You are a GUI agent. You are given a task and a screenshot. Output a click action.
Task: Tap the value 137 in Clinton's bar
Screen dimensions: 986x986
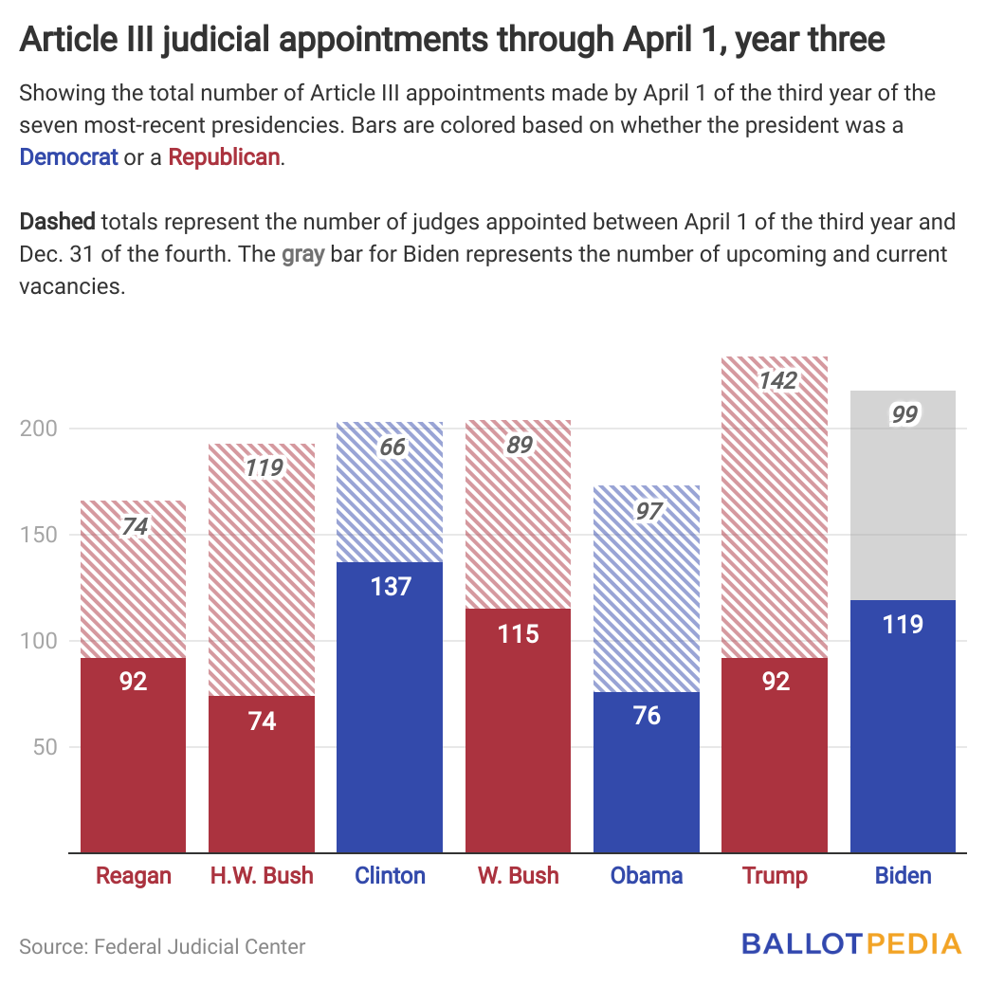click(x=391, y=586)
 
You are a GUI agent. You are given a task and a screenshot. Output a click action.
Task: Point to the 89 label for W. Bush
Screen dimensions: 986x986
click(x=519, y=446)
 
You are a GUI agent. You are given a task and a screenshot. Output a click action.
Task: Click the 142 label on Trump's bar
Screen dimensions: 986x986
click(x=776, y=381)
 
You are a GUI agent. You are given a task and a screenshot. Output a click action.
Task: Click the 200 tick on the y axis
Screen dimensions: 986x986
click(x=40, y=429)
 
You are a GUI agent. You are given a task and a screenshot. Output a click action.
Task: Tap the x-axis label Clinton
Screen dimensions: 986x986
click(x=391, y=875)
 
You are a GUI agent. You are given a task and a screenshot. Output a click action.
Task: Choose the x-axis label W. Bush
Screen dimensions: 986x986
click(x=519, y=875)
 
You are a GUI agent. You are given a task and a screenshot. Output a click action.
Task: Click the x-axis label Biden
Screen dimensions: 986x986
click(x=904, y=875)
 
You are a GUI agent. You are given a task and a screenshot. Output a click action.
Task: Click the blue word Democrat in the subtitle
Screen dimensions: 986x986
click(x=68, y=157)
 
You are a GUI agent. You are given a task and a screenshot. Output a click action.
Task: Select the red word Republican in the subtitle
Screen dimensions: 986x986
click(x=225, y=157)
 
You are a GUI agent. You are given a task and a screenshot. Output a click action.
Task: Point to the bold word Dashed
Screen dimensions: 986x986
click(x=57, y=223)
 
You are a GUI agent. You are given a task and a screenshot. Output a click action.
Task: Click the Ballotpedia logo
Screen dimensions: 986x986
click(x=851, y=943)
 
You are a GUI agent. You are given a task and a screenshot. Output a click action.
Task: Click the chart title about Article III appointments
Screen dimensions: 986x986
click(x=452, y=41)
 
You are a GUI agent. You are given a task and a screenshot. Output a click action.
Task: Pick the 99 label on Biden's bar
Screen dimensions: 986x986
click(x=903, y=414)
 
